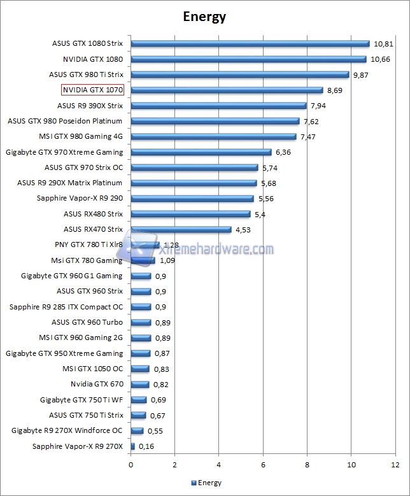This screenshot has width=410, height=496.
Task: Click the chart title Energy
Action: [x=204, y=17]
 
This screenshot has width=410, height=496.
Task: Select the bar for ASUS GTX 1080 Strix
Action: [x=250, y=44]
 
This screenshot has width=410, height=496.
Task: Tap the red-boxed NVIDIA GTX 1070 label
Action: [x=92, y=90]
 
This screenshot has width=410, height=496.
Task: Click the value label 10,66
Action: [x=380, y=59]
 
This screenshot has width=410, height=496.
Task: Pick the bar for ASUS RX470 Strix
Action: [x=181, y=229]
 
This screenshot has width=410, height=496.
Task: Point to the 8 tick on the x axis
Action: [x=307, y=465]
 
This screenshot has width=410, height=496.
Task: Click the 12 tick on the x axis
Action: [x=395, y=465]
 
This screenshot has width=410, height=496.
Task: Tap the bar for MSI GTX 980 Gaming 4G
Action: [x=213, y=136]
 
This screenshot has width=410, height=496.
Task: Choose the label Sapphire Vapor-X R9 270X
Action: [x=78, y=446]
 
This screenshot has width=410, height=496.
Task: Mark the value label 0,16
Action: [x=146, y=446]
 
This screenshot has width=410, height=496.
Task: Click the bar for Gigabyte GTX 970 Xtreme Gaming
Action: [x=201, y=152]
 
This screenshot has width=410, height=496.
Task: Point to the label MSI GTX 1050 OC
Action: [x=92, y=369]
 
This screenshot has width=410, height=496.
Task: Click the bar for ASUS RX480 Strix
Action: [x=190, y=214]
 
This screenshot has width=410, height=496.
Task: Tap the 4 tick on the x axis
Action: [x=219, y=465]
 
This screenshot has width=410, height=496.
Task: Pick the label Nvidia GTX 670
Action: [x=97, y=384]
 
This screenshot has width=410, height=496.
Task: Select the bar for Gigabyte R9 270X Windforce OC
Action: [x=137, y=430]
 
